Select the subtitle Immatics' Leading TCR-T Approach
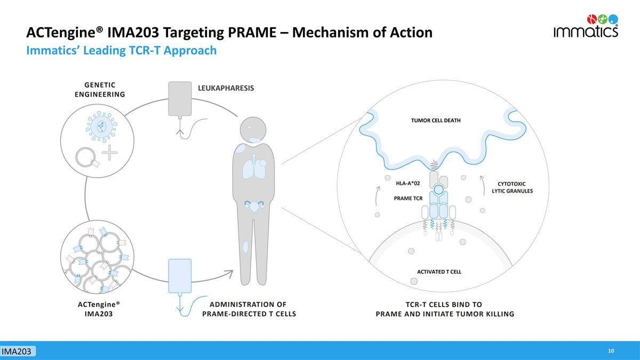122,51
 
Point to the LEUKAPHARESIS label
226,87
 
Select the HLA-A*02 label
407,183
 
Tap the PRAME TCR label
408,198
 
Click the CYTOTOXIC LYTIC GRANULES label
512,187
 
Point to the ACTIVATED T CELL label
438,271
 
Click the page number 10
611,350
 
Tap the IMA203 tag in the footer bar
18,351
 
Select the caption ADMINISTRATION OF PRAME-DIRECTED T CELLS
249,309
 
